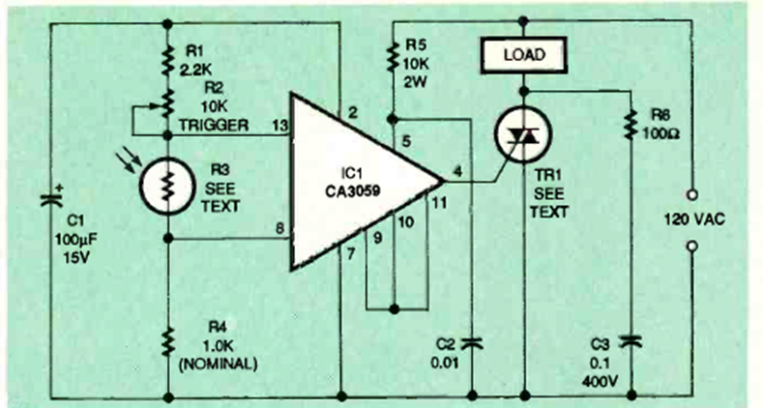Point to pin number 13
[280, 126]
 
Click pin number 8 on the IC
[279, 229]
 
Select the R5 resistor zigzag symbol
[391, 60]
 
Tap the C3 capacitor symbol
[631, 340]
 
